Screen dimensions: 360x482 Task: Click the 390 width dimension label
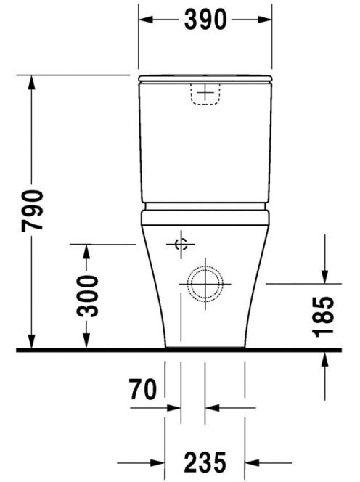[x=205, y=20]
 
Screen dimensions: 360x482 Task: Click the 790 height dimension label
[x=32, y=211]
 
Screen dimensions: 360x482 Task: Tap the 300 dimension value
[x=88, y=296]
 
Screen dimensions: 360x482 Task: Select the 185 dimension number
[x=323, y=316]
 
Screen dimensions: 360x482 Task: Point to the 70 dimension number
[x=143, y=389]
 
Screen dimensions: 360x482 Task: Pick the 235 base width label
[x=205, y=462]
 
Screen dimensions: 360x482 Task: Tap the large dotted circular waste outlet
[x=205, y=283]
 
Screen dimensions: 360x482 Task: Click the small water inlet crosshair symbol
[x=181, y=245]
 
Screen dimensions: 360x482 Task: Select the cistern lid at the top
[x=205, y=78]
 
